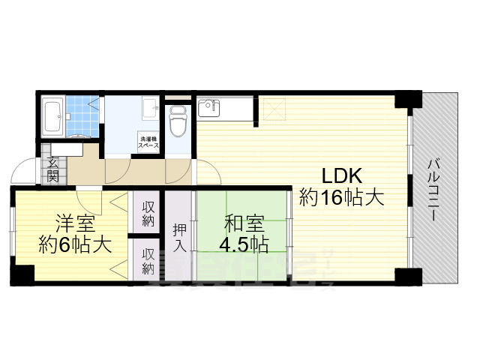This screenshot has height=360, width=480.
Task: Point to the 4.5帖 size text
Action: tap(243, 244)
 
